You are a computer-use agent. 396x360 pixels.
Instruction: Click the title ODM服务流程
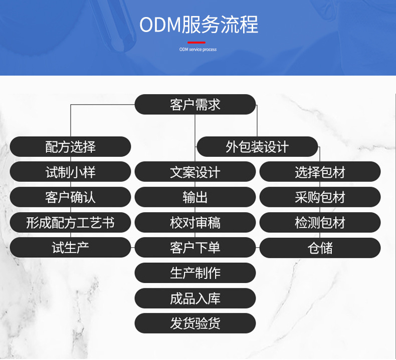pos(199,25)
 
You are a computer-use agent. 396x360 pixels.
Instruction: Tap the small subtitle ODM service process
pos(198,50)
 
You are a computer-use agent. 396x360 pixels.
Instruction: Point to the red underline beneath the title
pos(196,43)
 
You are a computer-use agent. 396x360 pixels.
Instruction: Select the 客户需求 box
pos(195,105)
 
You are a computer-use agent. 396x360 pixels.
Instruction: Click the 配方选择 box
pos(70,147)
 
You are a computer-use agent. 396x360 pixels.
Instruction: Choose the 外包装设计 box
pos(257,147)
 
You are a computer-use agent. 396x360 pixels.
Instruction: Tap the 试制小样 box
pos(70,172)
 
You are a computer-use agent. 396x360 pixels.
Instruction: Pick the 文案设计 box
pos(195,172)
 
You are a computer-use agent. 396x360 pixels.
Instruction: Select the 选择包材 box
pos(320,172)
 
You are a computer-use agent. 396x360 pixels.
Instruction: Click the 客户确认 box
pos(70,197)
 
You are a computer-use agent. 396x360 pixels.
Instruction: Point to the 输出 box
pos(195,197)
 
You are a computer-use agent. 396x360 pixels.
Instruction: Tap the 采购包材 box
pos(320,197)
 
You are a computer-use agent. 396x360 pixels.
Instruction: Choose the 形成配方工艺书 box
pos(70,222)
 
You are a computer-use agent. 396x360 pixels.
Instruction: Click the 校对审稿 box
pos(195,222)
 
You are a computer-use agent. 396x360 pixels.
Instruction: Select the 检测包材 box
pos(320,222)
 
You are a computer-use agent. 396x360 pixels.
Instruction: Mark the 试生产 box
pos(70,247)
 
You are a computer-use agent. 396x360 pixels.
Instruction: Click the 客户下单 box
pos(195,247)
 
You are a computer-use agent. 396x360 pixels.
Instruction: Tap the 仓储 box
pos(320,247)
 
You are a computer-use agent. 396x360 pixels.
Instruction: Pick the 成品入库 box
pos(195,298)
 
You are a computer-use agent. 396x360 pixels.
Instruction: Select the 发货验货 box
pos(195,323)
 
